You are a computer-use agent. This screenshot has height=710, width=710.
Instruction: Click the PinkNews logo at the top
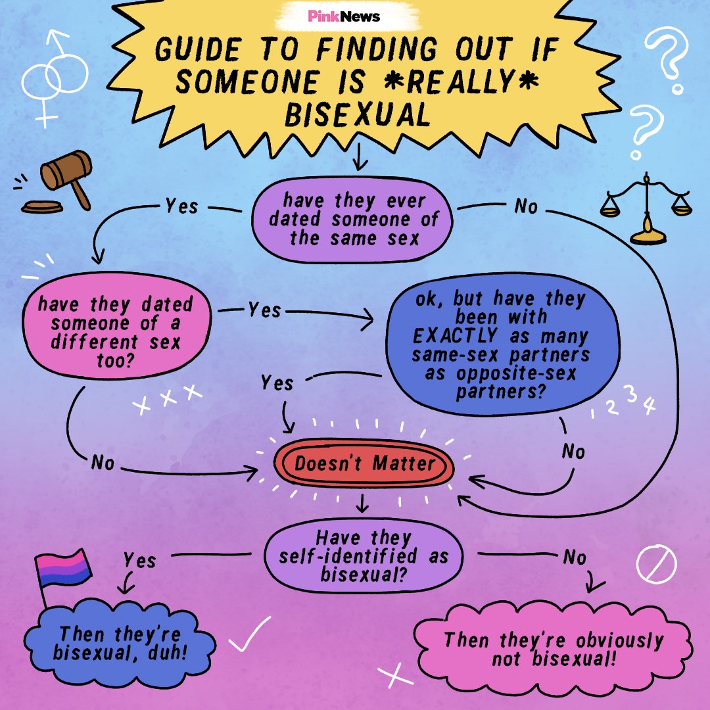(344, 16)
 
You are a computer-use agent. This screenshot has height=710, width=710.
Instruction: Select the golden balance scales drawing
(646, 208)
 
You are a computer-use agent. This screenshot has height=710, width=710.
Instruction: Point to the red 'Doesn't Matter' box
(364, 463)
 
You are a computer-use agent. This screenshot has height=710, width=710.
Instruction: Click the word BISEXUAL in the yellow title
(357, 114)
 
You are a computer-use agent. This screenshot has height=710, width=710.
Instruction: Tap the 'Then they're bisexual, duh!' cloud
(120, 644)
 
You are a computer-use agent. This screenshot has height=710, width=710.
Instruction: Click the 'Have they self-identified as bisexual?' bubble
(364, 556)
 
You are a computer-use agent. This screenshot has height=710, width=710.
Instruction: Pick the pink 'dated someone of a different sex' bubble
(116, 325)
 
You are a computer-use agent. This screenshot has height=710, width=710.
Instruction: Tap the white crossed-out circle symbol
(657, 564)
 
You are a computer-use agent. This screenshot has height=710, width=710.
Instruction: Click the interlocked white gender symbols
(55, 78)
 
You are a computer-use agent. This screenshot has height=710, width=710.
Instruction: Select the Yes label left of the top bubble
(181, 206)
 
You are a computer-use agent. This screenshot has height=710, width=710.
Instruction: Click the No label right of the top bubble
(526, 206)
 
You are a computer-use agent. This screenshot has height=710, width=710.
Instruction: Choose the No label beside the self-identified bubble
(575, 557)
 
